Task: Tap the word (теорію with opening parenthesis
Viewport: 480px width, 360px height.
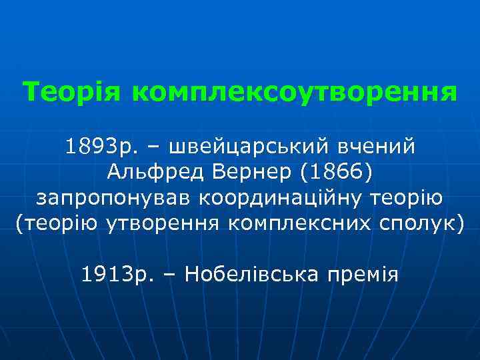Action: click(57, 224)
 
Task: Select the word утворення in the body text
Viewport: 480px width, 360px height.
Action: click(163, 224)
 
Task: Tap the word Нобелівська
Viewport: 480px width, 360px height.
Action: click(253, 273)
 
